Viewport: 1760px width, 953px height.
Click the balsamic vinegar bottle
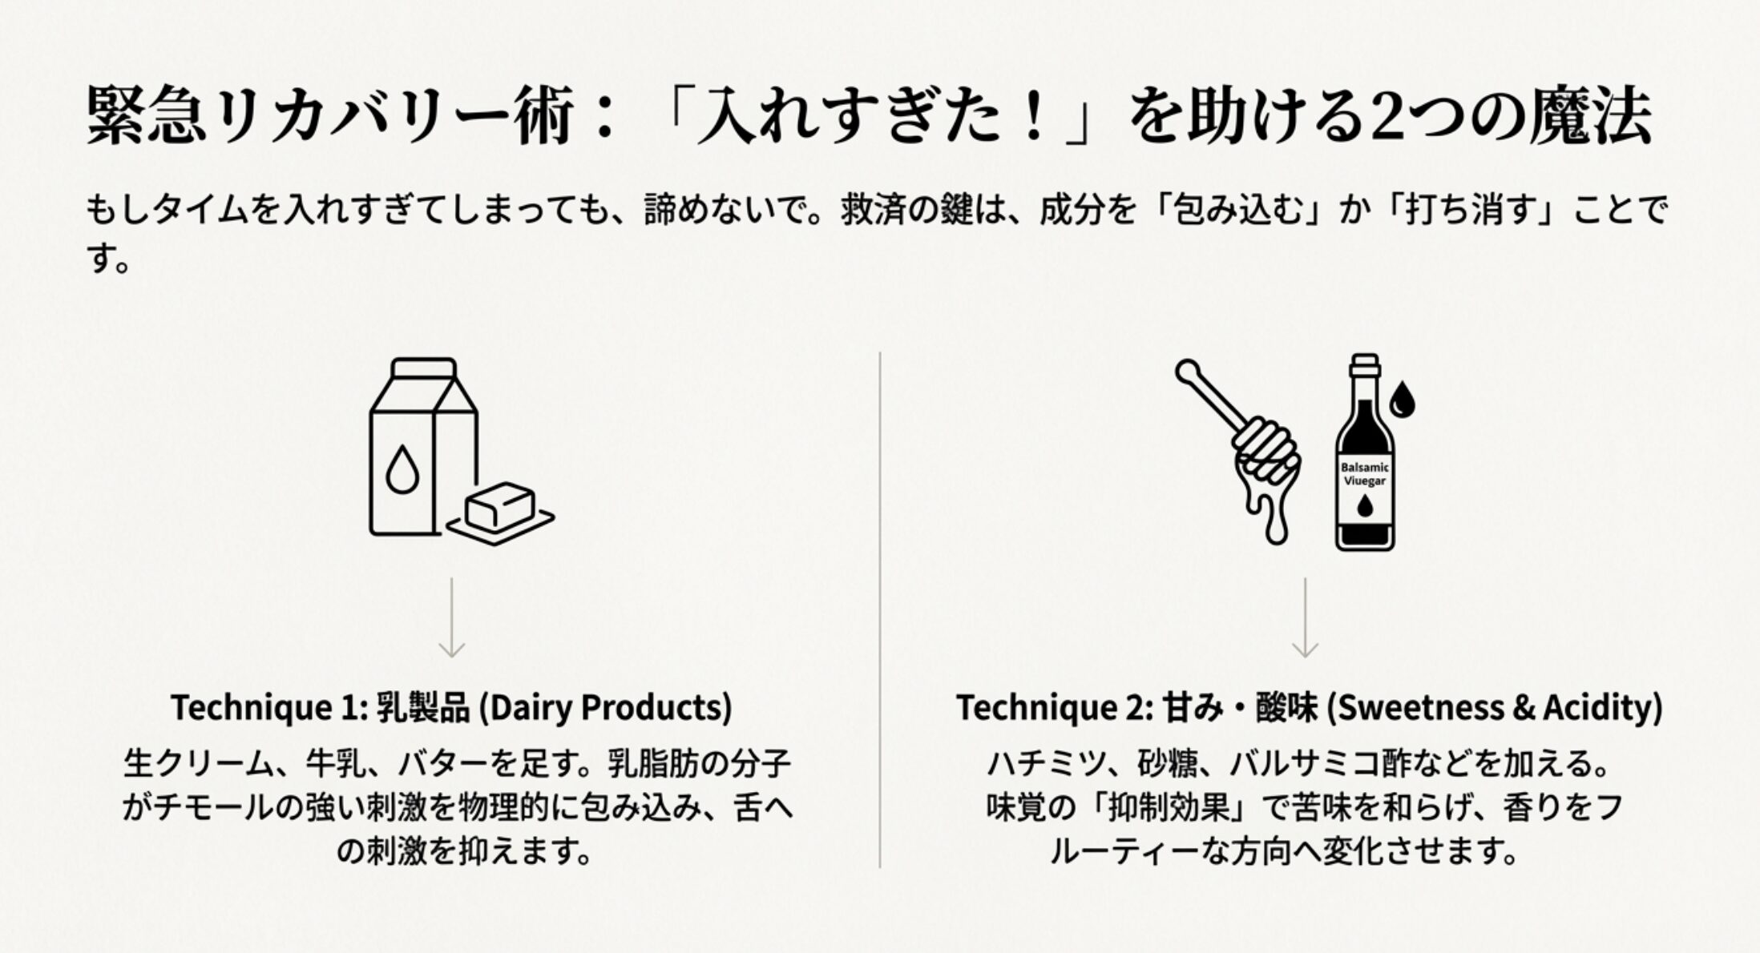1364,456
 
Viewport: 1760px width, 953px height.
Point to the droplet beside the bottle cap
1402,399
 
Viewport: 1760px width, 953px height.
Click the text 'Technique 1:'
268,708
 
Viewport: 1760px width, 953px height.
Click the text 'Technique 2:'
1054,708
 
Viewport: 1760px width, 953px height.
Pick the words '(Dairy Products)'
605,708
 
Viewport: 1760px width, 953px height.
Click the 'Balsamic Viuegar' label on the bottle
1365,474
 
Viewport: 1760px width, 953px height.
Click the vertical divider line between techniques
880,609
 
